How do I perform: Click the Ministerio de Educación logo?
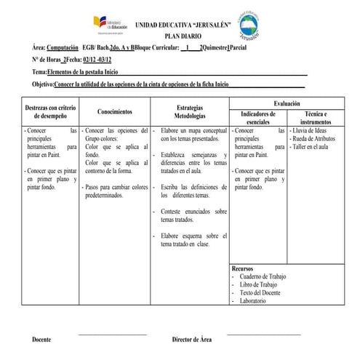pyautogui.click(x=111, y=24)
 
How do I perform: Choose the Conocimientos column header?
pyautogui.click(x=114, y=112)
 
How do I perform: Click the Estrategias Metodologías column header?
pyautogui.click(x=189, y=112)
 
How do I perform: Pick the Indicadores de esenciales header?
pyautogui.click(x=257, y=119)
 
